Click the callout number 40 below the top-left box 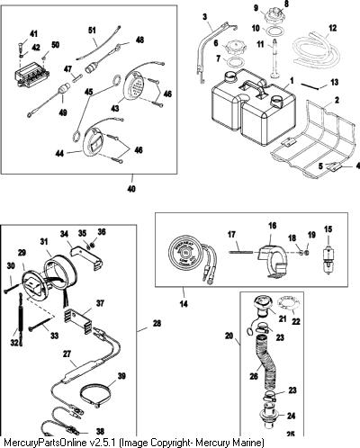131,189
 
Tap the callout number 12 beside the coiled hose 332,28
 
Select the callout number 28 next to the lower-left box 157,324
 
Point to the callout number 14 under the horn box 184,304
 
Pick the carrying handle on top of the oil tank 253,87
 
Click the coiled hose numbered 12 316,49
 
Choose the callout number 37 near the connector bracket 100,303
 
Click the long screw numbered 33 41,325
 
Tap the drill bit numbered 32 20,319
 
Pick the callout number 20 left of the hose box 229,336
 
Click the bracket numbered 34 86,256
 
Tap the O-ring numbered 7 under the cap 235,64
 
